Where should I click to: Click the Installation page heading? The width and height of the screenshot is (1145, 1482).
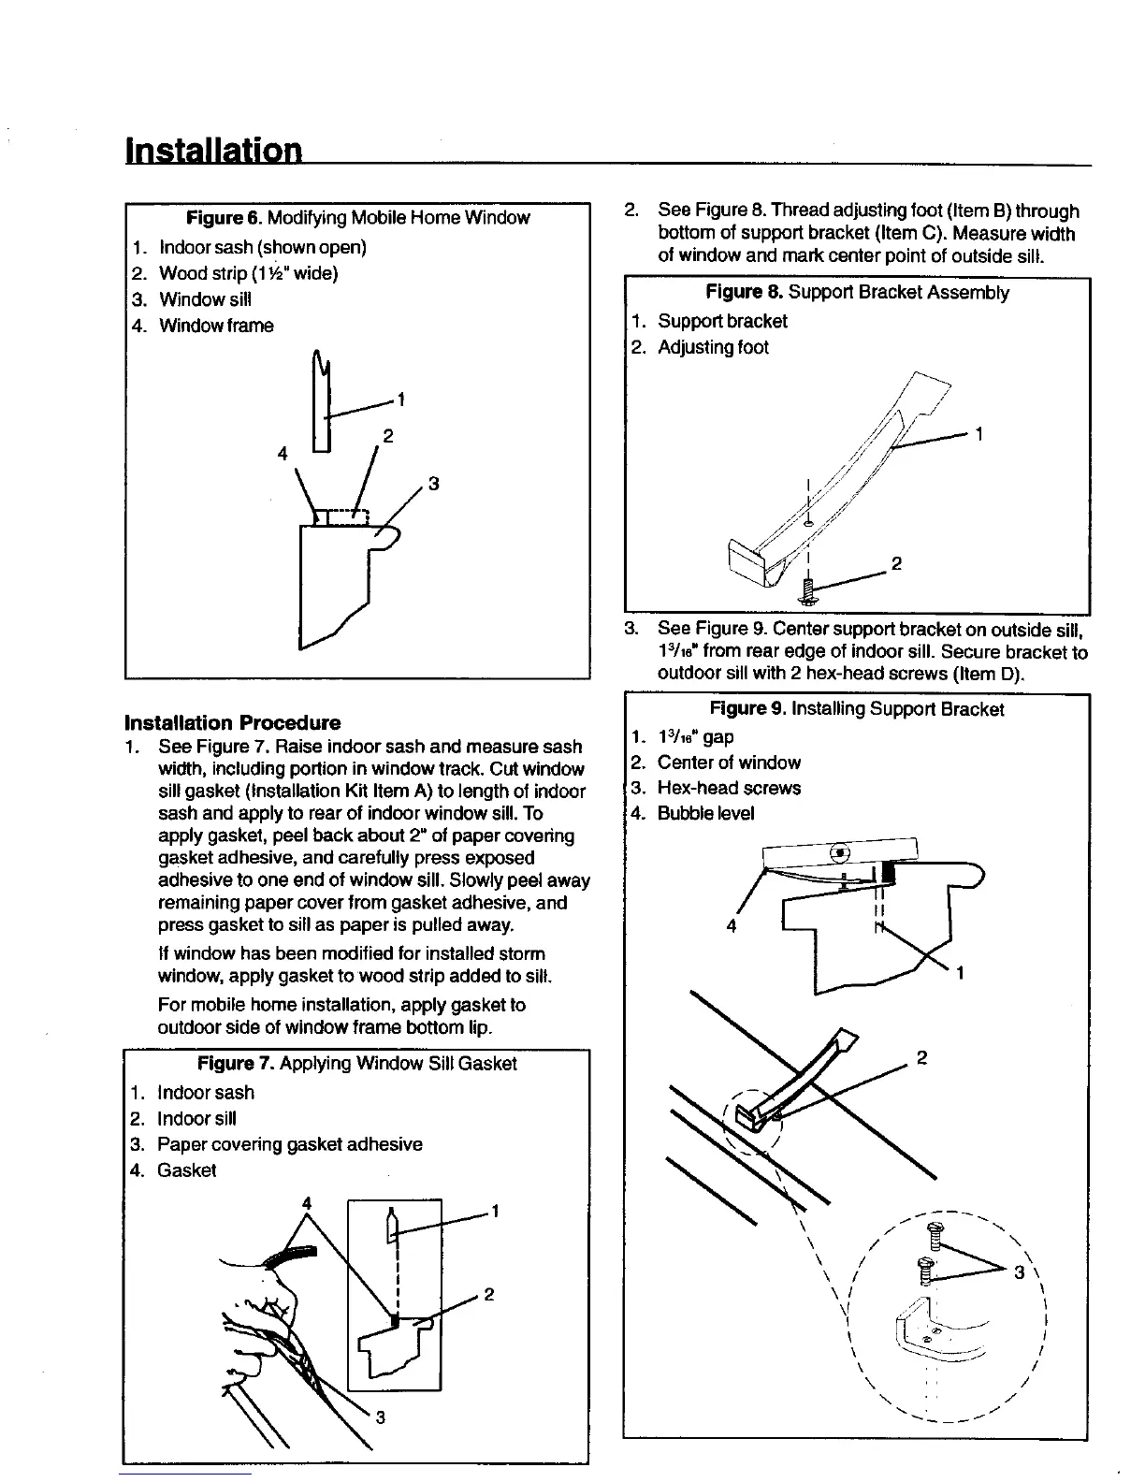tap(214, 150)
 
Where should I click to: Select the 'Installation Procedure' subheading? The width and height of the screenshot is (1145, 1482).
tap(232, 722)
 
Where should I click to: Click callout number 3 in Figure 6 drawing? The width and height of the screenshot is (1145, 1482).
tap(433, 484)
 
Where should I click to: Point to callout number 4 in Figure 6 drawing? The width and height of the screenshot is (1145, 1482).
tap(283, 454)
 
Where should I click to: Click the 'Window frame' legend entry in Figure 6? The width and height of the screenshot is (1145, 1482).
tap(216, 326)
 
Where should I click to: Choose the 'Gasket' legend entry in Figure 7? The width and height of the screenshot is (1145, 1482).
tap(186, 1170)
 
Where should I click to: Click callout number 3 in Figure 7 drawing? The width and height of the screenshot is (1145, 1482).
tap(381, 1417)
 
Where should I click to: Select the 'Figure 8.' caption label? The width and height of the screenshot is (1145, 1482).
tap(745, 293)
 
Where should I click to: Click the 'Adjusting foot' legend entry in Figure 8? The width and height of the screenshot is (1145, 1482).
tap(713, 347)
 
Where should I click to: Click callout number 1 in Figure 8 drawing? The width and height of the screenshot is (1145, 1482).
tap(979, 434)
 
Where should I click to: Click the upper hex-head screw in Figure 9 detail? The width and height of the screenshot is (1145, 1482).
tap(932, 1233)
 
